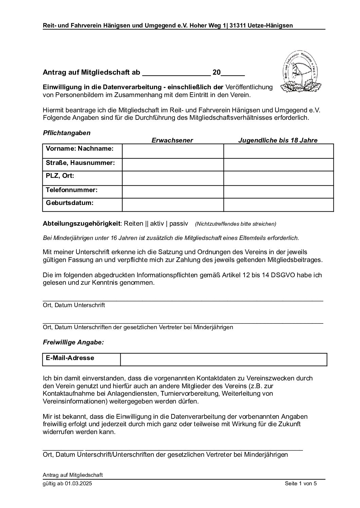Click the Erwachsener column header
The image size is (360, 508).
(172, 140)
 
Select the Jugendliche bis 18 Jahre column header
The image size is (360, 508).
(278, 140)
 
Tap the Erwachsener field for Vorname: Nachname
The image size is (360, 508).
(173, 151)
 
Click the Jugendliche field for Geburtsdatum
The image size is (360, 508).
(278, 205)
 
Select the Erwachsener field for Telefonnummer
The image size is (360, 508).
(173, 191)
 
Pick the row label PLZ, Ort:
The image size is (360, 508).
(60, 176)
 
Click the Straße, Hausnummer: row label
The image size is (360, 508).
(80, 163)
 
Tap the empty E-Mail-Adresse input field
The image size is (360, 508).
(223, 359)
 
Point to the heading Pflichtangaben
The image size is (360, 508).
(67, 133)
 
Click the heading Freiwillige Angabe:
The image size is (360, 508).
(73, 342)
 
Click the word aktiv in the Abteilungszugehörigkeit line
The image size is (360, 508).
(157, 224)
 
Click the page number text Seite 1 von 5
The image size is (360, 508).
(301, 484)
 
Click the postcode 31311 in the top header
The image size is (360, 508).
(237, 25)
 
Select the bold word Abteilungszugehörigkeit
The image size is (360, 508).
(82, 224)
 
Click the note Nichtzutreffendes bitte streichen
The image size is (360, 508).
(236, 224)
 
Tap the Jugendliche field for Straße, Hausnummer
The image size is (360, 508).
(278, 165)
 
